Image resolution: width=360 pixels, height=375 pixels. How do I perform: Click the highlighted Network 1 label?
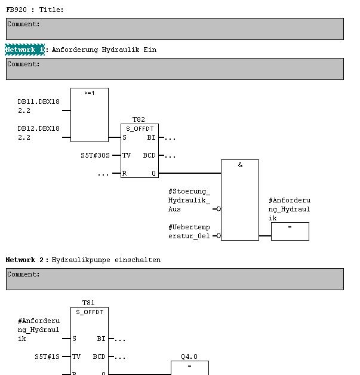24,50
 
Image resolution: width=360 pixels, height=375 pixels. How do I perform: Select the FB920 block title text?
35,10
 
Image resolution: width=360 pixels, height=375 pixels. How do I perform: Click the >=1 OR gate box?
90,115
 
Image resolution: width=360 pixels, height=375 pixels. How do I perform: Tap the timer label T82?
139,119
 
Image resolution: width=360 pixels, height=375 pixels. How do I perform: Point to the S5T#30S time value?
96,155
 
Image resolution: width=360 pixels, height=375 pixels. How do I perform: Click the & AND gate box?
240,200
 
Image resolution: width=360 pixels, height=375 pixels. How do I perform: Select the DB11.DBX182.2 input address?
39,106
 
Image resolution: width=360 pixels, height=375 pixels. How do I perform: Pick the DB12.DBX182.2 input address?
39,133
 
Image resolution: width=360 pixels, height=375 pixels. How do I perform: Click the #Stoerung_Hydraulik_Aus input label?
189,200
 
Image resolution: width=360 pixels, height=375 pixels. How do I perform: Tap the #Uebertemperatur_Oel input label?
189,232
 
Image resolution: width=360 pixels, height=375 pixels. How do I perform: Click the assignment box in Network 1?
290,231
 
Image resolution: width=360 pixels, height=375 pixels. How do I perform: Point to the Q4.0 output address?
189,357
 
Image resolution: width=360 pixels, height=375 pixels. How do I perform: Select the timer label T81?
89,303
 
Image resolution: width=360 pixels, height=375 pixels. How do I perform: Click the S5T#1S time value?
47,356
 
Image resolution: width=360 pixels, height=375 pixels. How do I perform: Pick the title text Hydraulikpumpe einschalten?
106,260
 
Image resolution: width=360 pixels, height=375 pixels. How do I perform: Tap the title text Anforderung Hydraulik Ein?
104,50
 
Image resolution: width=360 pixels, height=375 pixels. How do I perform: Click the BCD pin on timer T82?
149,155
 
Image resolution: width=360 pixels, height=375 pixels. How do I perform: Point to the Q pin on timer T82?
153,173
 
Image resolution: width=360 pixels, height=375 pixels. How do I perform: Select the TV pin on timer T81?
76,356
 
